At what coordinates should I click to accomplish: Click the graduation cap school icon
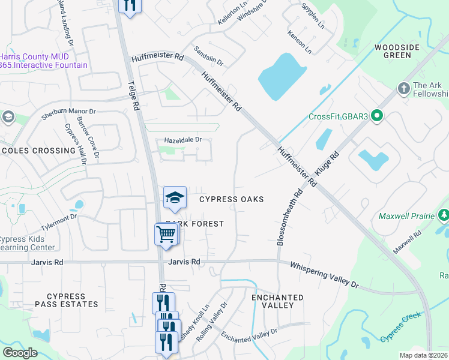[175, 198]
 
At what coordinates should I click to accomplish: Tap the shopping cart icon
[166, 235]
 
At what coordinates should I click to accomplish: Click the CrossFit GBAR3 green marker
[377, 116]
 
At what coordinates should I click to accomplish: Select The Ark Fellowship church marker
[404, 89]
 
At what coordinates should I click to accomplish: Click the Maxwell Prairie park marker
[444, 215]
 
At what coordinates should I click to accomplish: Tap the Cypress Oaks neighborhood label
[231, 199]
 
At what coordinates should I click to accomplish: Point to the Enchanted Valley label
[277, 301]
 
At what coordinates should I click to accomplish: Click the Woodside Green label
[393, 51]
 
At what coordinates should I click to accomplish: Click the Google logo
[20, 353]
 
